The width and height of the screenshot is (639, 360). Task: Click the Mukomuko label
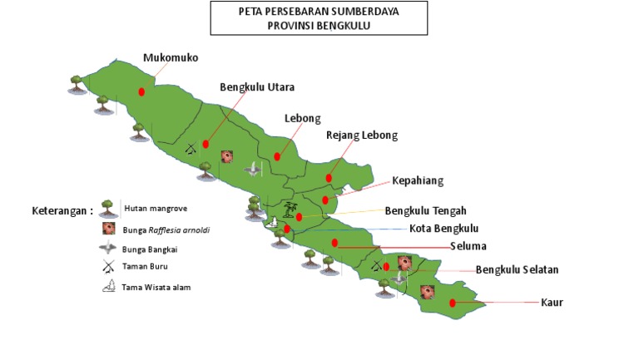[171, 58]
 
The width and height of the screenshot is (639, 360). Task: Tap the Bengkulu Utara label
[257, 86]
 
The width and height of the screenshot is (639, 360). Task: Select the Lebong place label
[302, 118]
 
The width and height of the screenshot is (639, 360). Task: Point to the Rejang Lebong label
[362, 135]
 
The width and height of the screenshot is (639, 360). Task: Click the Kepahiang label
[418, 180]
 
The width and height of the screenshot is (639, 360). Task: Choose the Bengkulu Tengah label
[425, 210]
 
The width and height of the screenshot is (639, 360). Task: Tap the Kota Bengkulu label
[443, 229]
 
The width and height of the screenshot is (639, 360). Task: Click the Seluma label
[468, 246]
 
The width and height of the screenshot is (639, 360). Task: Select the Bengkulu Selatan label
[517, 269]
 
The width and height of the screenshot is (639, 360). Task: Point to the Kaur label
[552, 302]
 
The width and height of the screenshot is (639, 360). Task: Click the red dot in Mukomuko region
[141, 91]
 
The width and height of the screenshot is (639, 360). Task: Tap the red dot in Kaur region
[453, 303]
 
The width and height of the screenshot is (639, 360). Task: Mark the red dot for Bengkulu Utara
[206, 144]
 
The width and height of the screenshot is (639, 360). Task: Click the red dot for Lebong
[277, 155]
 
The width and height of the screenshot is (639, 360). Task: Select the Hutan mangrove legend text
[156, 209]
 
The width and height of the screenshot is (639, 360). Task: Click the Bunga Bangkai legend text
[152, 248]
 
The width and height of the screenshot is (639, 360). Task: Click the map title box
[319, 18]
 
